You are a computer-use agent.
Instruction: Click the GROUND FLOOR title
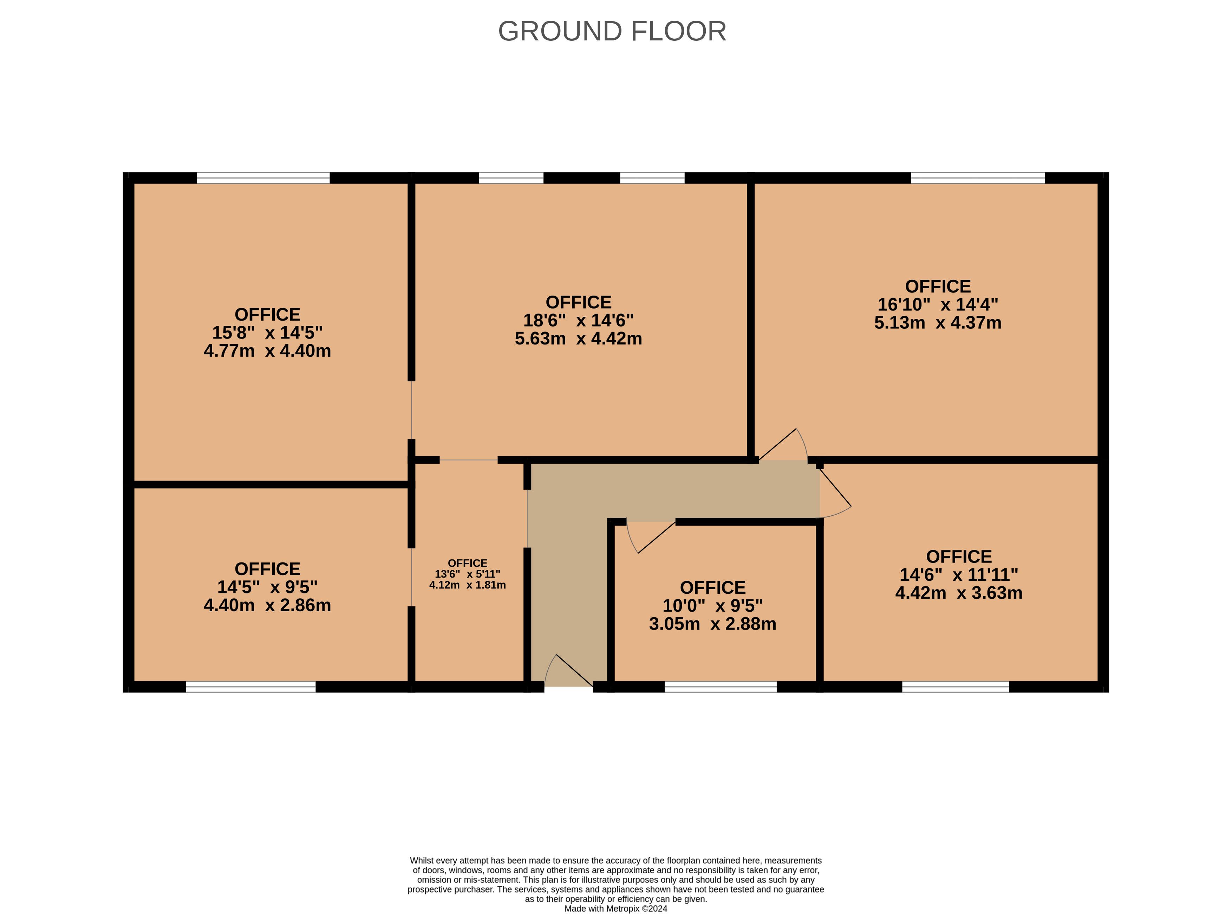click(x=612, y=31)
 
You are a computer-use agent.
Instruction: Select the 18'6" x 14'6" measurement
click(x=578, y=320)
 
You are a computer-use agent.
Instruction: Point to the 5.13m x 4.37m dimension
click(x=938, y=323)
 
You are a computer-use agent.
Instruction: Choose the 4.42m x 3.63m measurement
click(x=959, y=593)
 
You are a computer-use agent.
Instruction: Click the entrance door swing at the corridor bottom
click(x=568, y=671)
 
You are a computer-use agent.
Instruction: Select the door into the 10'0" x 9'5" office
click(x=651, y=537)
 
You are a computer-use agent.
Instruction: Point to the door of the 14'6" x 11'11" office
click(x=835, y=491)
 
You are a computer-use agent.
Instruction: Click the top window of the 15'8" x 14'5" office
click(x=263, y=178)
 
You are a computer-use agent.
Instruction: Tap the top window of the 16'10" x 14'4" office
click(x=978, y=178)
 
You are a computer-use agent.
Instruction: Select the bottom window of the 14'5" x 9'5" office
click(x=250, y=687)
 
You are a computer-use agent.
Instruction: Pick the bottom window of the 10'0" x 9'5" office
click(x=721, y=687)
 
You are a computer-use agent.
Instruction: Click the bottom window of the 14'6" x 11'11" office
click(x=956, y=687)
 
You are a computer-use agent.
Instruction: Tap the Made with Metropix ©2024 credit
click(x=615, y=908)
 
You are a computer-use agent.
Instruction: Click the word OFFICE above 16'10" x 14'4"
click(x=938, y=287)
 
